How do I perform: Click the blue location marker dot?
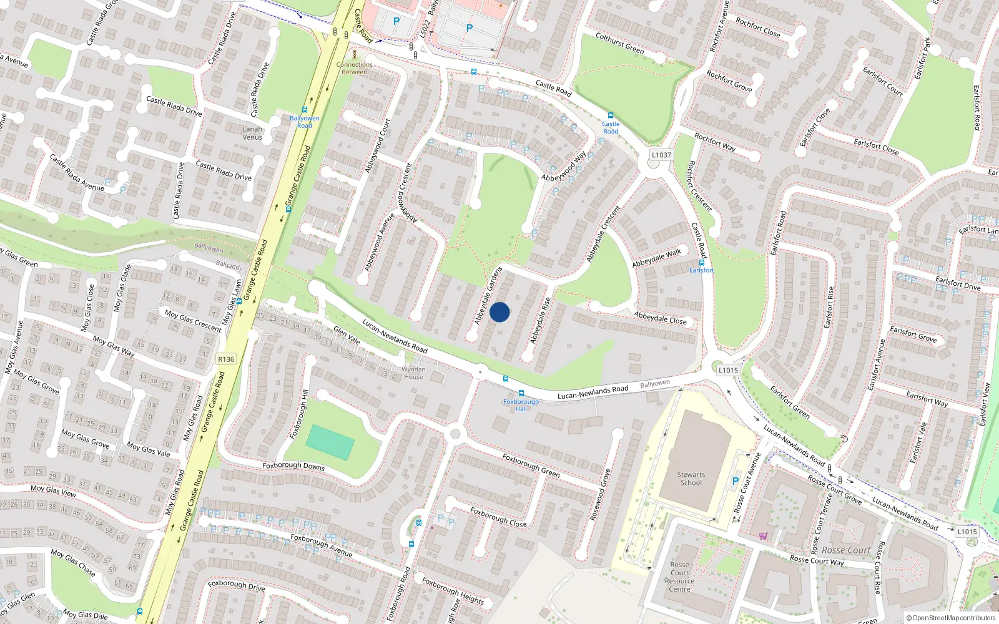(499, 312)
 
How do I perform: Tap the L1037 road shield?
(661, 155)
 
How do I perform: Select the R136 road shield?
(226, 359)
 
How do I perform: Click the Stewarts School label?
(691, 479)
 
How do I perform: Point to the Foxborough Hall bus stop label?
(521, 405)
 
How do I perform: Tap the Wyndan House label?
(413, 373)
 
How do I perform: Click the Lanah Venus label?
(252, 133)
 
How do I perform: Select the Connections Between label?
(354, 68)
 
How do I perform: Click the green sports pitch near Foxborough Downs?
(330, 442)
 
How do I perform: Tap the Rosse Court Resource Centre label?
(680, 577)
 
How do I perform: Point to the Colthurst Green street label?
(619, 43)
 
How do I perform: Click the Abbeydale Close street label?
(660, 318)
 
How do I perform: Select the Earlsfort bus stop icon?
(702, 263)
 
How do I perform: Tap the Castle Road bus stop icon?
(611, 115)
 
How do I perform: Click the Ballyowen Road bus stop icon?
(305, 110)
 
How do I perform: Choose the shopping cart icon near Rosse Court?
(763, 535)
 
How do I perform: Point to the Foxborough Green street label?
(531, 466)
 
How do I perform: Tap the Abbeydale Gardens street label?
(488, 296)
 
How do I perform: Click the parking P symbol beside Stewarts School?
(735, 482)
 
